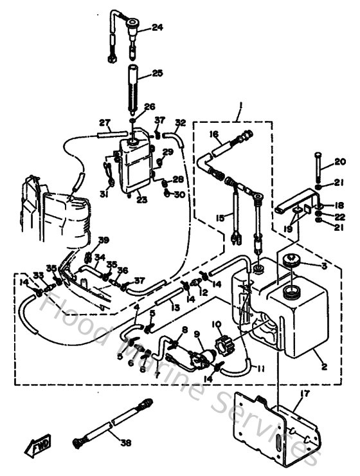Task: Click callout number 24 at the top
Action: [x=157, y=27]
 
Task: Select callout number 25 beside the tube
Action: [x=157, y=74]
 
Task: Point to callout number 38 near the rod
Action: [x=125, y=442]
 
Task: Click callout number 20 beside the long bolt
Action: [x=340, y=161]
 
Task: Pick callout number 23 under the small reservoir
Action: [x=141, y=200]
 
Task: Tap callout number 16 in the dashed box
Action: [x=214, y=134]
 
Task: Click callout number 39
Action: [x=104, y=240]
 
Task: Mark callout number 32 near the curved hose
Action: [x=181, y=122]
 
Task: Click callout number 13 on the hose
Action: [x=175, y=308]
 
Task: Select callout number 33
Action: [x=38, y=275]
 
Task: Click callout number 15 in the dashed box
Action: [x=221, y=218]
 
